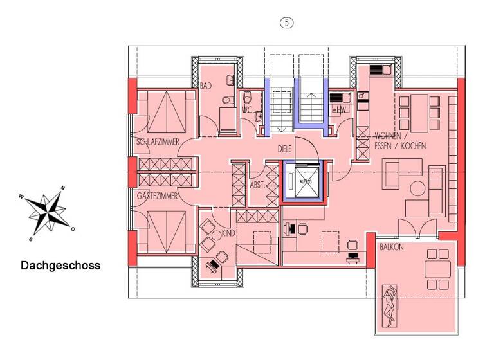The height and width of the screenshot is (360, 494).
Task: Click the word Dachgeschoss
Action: [x=60, y=265]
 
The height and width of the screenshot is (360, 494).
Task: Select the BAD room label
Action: [x=206, y=85]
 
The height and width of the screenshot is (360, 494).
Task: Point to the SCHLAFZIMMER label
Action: [x=157, y=141]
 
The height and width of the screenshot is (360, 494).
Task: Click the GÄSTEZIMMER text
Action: [x=158, y=194]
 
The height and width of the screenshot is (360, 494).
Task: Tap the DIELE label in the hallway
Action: [x=285, y=148]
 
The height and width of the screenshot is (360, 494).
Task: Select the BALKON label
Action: [x=391, y=247]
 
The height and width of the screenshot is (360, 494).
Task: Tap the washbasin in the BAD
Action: [x=232, y=81]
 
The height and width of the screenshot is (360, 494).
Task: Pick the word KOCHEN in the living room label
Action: [x=413, y=146]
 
